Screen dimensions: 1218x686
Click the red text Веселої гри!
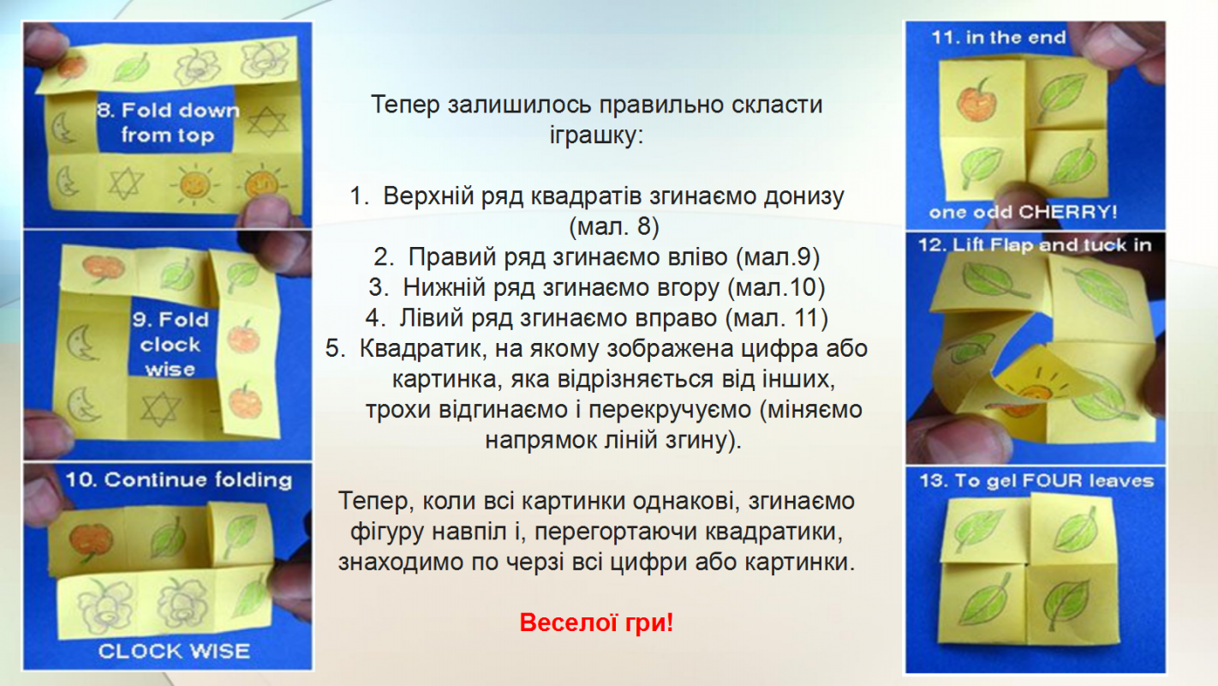[x=596, y=623]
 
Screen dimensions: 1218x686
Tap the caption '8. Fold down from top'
[x=168, y=123]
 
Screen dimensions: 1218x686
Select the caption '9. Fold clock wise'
[x=170, y=344]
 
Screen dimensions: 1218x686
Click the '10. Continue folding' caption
[x=179, y=479]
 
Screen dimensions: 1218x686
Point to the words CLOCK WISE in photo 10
[x=174, y=651]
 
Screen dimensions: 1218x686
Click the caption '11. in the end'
[x=999, y=38]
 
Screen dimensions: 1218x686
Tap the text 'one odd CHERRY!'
[x=1023, y=211]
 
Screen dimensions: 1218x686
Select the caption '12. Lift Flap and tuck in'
[x=1036, y=245]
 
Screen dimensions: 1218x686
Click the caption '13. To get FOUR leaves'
[x=1036, y=481]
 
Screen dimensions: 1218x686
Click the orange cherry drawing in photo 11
[x=977, y=100]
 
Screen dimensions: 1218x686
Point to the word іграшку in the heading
[x=596, y=135]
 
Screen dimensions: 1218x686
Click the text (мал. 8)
[x=614, y=226]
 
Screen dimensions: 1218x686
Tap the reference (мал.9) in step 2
[x=778, y=257]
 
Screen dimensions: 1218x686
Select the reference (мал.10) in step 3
[x=776, y=287]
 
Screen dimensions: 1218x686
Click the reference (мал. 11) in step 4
[x=777, y=318]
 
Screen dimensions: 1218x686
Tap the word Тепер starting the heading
[x=405, y=105]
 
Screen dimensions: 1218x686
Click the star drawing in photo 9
[x=160, y=409]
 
